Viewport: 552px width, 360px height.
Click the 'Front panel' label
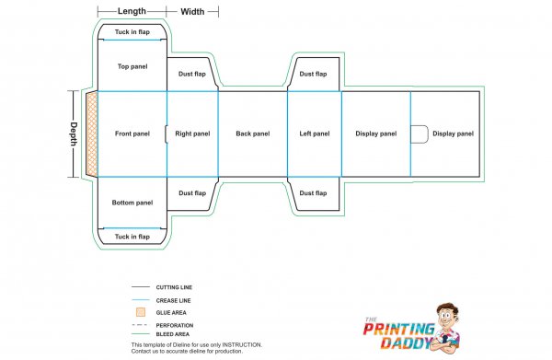pos(132,134)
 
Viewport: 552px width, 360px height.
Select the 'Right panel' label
pos(192,134)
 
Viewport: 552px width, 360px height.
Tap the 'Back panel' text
pos(253,134)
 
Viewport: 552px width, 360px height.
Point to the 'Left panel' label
pos(315,134)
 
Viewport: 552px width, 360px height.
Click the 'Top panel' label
pos(132,66)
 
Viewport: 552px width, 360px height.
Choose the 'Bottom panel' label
pos(132,203)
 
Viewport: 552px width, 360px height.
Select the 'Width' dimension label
pos(193,11)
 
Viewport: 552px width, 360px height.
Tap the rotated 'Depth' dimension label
pos(73,134)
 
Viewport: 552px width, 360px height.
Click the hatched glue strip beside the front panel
pos(90,134)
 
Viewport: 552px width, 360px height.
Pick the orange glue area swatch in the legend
pos(138,312)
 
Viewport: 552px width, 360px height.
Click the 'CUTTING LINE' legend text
pos(174,287)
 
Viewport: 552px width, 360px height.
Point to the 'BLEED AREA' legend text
pos(172,334)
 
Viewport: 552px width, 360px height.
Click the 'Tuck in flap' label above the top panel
pos(132,32)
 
